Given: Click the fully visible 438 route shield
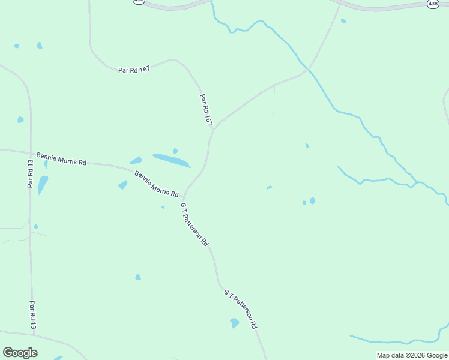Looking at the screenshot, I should click(433, 4).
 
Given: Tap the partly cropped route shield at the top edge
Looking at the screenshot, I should click(139, 2).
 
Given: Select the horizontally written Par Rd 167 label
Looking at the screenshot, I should click(134, 70).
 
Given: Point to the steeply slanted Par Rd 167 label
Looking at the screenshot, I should click(206, 109).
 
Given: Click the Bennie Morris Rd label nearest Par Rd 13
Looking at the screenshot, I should click(62, 159).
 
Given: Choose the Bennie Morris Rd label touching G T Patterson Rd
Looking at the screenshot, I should click(157, 184).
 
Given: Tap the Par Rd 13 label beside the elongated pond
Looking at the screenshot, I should click(30, 173).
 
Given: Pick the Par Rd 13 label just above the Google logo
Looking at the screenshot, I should click(33, 314).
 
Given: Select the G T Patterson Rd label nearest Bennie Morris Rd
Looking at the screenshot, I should click(194, 224).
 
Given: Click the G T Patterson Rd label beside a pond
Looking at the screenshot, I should click(241, 308).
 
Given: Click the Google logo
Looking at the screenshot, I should click(20, 353).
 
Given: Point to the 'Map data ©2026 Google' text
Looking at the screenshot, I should click(412, 355).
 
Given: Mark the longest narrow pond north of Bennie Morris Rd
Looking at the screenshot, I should click(171, 160).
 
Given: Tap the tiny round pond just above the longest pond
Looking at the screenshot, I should click(175, 151).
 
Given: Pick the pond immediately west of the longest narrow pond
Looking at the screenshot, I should click(136, 160).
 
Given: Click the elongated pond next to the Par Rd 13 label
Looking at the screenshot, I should click(42, 184).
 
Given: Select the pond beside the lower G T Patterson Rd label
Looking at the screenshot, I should click(234, 323).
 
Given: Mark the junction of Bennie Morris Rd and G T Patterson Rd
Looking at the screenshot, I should click(184, 198).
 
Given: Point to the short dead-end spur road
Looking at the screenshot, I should click(274, 101).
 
